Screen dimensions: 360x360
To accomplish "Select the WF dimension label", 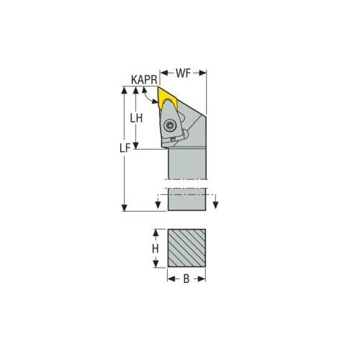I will pos(183,73).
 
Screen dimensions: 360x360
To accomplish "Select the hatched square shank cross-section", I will pos(186,249).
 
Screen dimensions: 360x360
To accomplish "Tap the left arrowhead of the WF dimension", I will pos(162,73).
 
